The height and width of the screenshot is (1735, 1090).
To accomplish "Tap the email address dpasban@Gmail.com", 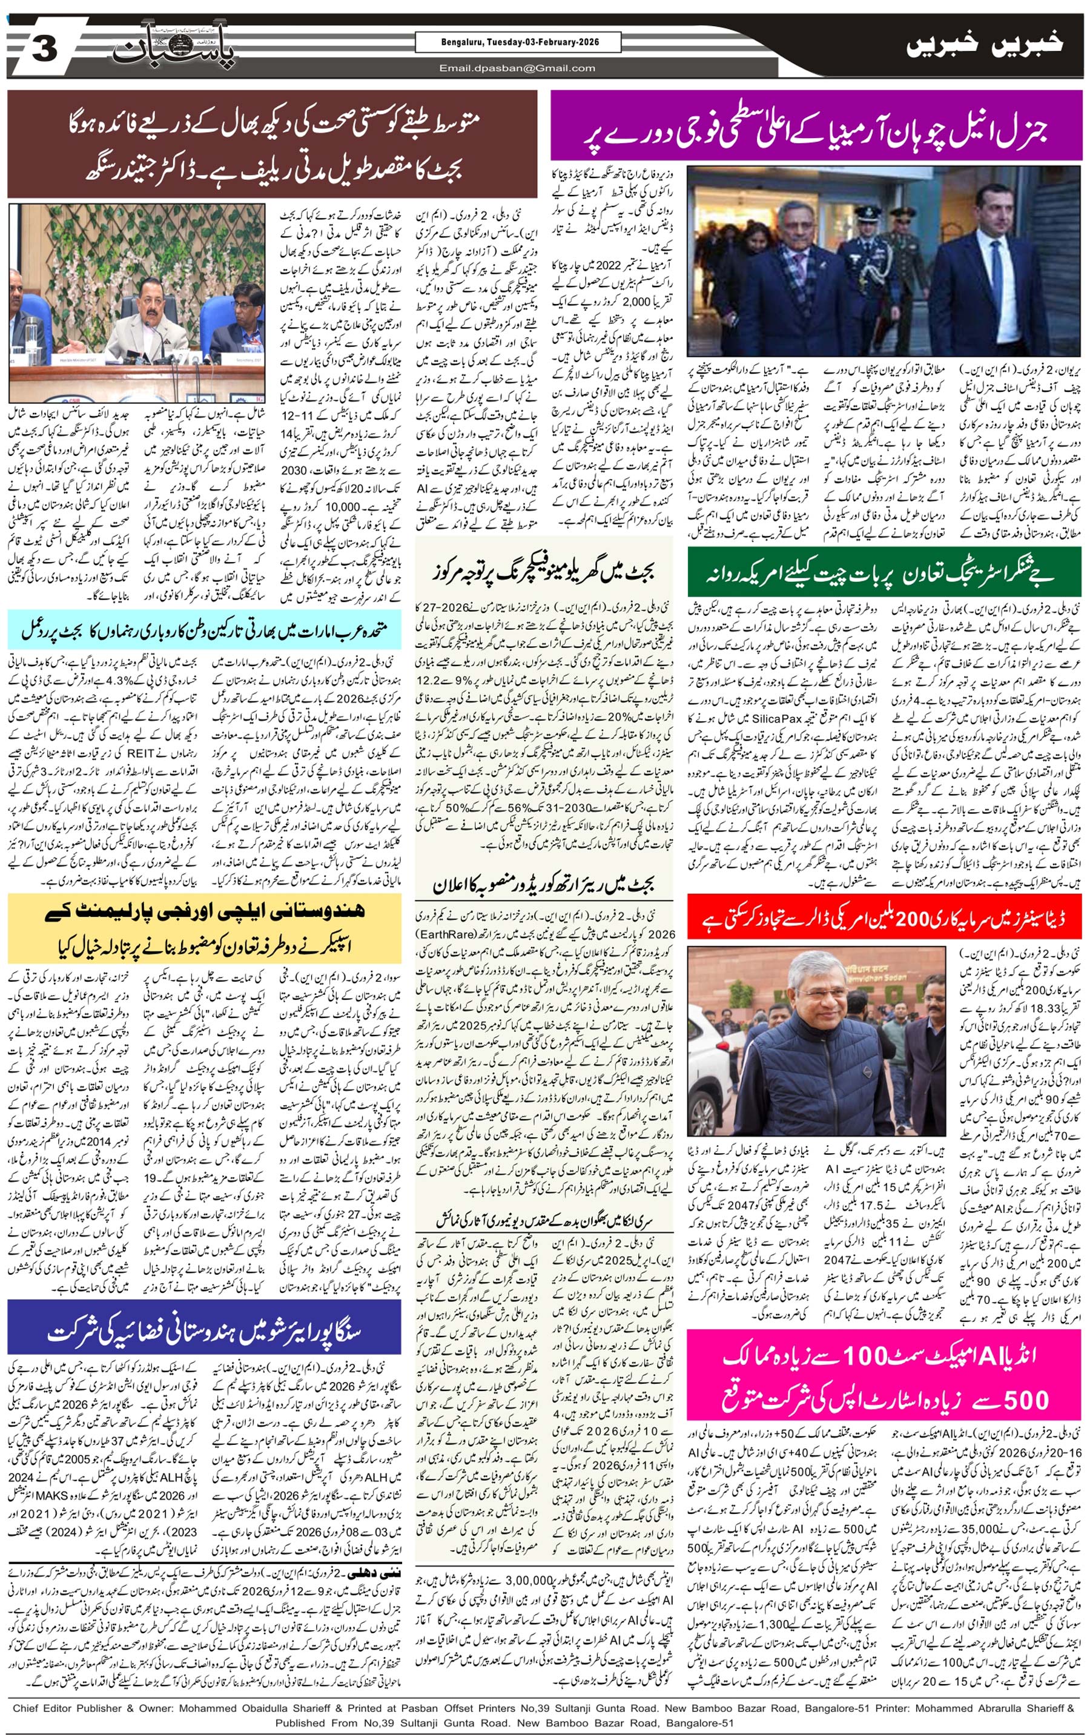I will coord(517,68).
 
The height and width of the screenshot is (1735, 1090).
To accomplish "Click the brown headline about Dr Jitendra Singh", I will coord(272,144).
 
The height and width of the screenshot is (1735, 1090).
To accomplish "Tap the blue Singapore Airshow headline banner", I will coord(204,1332).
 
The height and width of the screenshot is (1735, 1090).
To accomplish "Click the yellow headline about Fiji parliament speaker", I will coord(204,930).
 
